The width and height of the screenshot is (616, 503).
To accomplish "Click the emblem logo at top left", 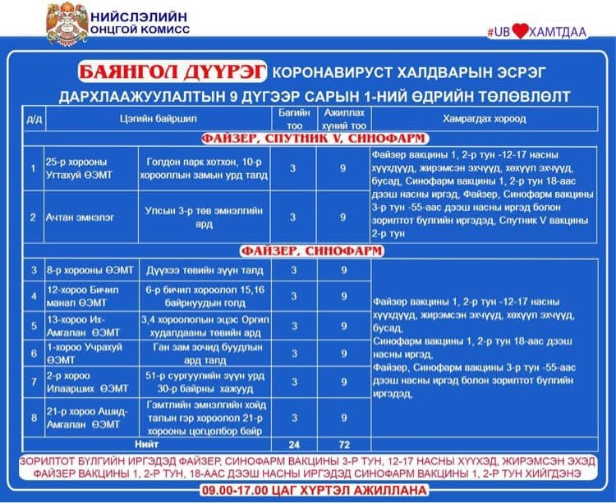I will point(67,25).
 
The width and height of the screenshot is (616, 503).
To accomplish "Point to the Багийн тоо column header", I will point(293,119).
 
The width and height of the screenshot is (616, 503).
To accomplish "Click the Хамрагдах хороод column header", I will point(484,119).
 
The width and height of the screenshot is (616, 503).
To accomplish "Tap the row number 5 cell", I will point(34,325).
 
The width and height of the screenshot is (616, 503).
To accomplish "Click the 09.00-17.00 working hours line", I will point(308,490).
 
